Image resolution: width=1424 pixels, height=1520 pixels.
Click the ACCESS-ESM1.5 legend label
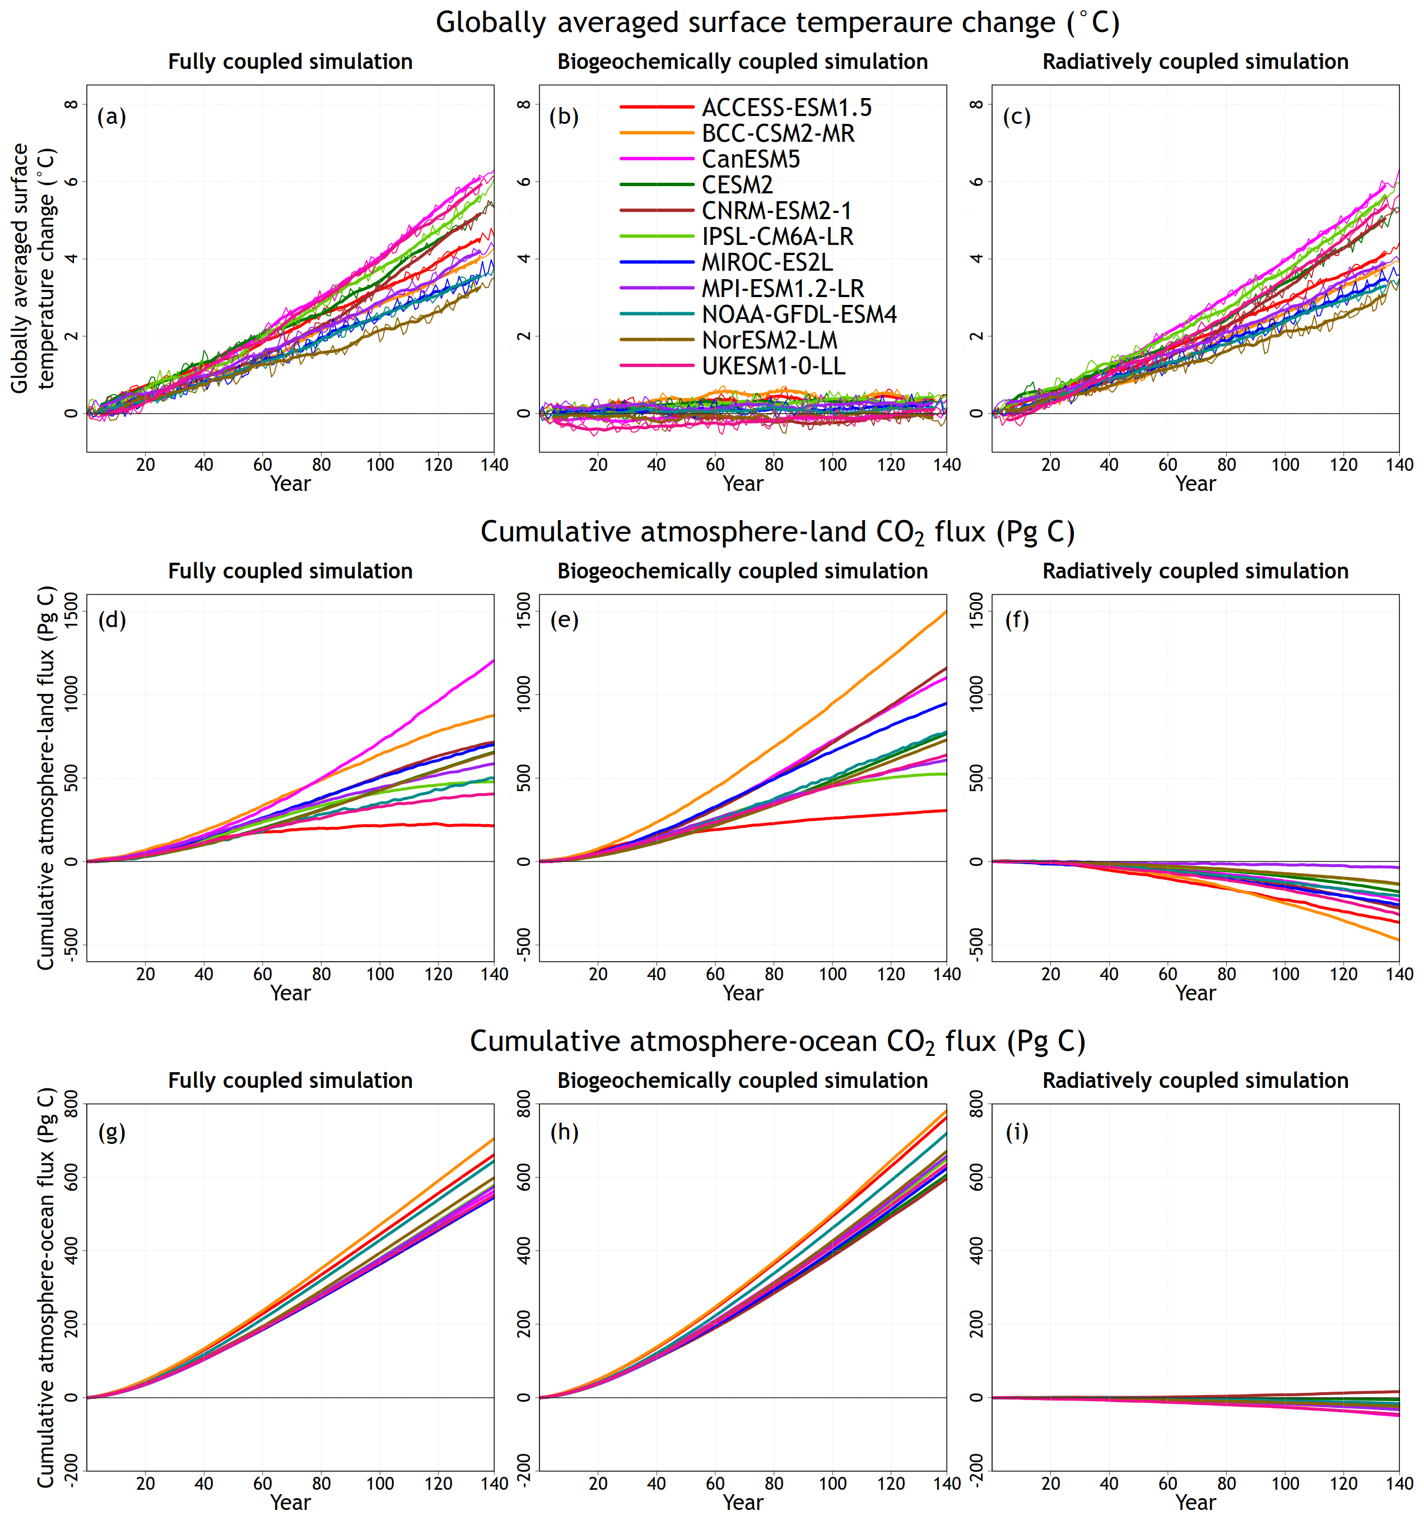click(x=787, y=108)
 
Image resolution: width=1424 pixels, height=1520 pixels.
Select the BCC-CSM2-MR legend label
click(x=778, y=134)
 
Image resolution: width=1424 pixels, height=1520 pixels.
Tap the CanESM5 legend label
click(x=751, y=159)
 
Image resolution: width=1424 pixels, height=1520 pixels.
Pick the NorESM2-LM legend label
click(x=770, y=340)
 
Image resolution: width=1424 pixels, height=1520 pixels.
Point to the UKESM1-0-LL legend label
click(x=774, y=365)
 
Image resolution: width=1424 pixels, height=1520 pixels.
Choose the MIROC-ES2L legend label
click(x=767, y=262)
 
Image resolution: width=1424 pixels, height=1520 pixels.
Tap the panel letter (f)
click(x=1017, y=619)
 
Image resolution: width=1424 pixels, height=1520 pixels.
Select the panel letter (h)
click(x=564, y=1132)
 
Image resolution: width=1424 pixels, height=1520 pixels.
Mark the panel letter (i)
click(x=1017, y=1132)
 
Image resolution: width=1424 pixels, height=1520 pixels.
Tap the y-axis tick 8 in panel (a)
click(x=71, y=104)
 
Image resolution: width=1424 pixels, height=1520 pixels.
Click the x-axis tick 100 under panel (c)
click(x=1285, y=465)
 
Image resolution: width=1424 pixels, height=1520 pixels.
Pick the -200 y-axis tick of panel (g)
click(x=71, y=1470)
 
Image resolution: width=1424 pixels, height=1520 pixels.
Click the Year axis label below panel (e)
click(x=743, y=993)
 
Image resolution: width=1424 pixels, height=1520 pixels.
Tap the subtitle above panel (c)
click(x=1195, y=62)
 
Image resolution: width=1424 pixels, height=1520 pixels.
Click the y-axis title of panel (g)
click(x=46, y=1287)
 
